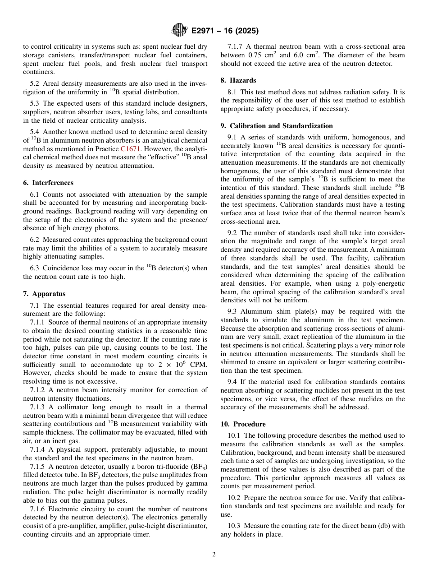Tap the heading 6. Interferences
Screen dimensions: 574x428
click(x=48, y=183)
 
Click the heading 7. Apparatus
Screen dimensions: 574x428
click(x=44, y=294)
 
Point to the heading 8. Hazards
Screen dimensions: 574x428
click(x=238, y=80)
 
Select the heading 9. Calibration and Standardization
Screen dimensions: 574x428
click(x=277, y=126)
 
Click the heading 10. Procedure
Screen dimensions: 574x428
click(x=243, y=424)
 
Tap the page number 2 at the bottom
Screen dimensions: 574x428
click(x=214, y=555)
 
